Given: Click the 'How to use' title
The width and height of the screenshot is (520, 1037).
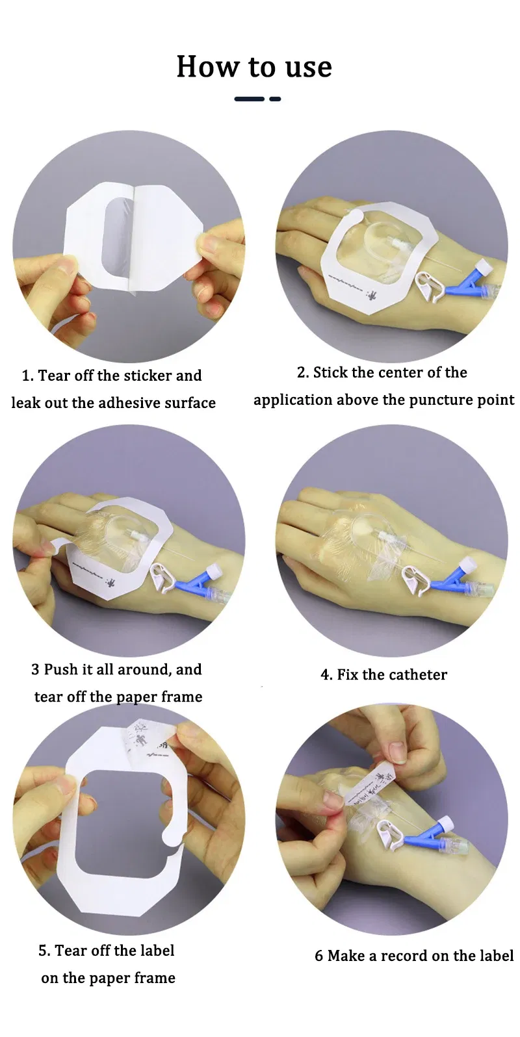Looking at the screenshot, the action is pos(254,67).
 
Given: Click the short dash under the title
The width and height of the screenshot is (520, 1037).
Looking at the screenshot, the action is pos(275,99).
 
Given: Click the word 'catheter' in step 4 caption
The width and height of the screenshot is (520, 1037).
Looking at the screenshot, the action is pos(421,674).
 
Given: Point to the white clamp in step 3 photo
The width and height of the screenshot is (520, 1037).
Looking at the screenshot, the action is pos(164,576).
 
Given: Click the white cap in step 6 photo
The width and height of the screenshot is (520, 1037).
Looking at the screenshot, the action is pos(448,823).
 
